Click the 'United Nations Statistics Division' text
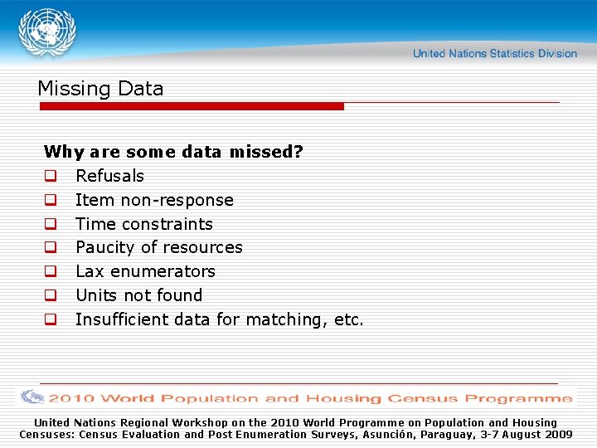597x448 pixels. [495, 54]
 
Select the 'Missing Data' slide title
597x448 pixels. [100, 89]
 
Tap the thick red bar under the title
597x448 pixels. [191, 106]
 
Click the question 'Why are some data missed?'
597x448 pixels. [173, 152]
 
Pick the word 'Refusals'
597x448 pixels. [109, 176]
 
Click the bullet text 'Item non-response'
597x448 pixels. [154, 200]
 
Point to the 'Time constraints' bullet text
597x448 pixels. [144, 224]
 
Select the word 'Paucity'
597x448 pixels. [105, 247]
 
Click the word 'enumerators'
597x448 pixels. [163, 271]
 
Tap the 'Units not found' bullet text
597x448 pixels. [138, 295]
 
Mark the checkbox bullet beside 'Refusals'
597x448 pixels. [51, 176]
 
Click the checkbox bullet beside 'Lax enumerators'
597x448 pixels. [51, 271]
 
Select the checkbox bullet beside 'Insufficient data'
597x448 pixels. [51, 319]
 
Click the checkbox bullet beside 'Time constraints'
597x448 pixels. [51, 224]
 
